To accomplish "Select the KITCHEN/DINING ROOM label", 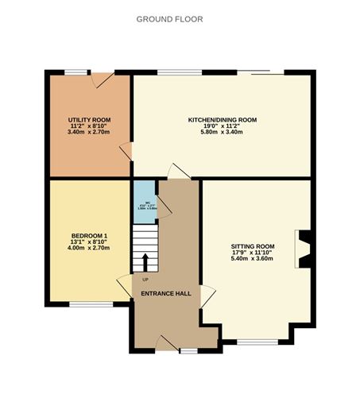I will click(x=222, y=119).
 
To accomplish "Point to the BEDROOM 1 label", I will click(x=89, y=235).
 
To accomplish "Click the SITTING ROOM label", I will click(x=252, y=246).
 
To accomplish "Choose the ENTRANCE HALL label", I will click(x=165, y=293).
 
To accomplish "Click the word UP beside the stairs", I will click(x=145, y=280).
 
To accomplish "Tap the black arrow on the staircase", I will click(x=145, y=262).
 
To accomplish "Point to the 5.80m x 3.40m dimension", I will click(x=222, y=132).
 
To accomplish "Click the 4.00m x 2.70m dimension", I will click(x=89, y=248).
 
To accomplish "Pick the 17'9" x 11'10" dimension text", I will click(x=252, y=253).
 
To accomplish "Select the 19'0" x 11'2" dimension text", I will click(x=222, y=126).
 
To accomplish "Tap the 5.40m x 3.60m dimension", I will click(x=252, y=259).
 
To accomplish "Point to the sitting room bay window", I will click(x=258, y=342).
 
